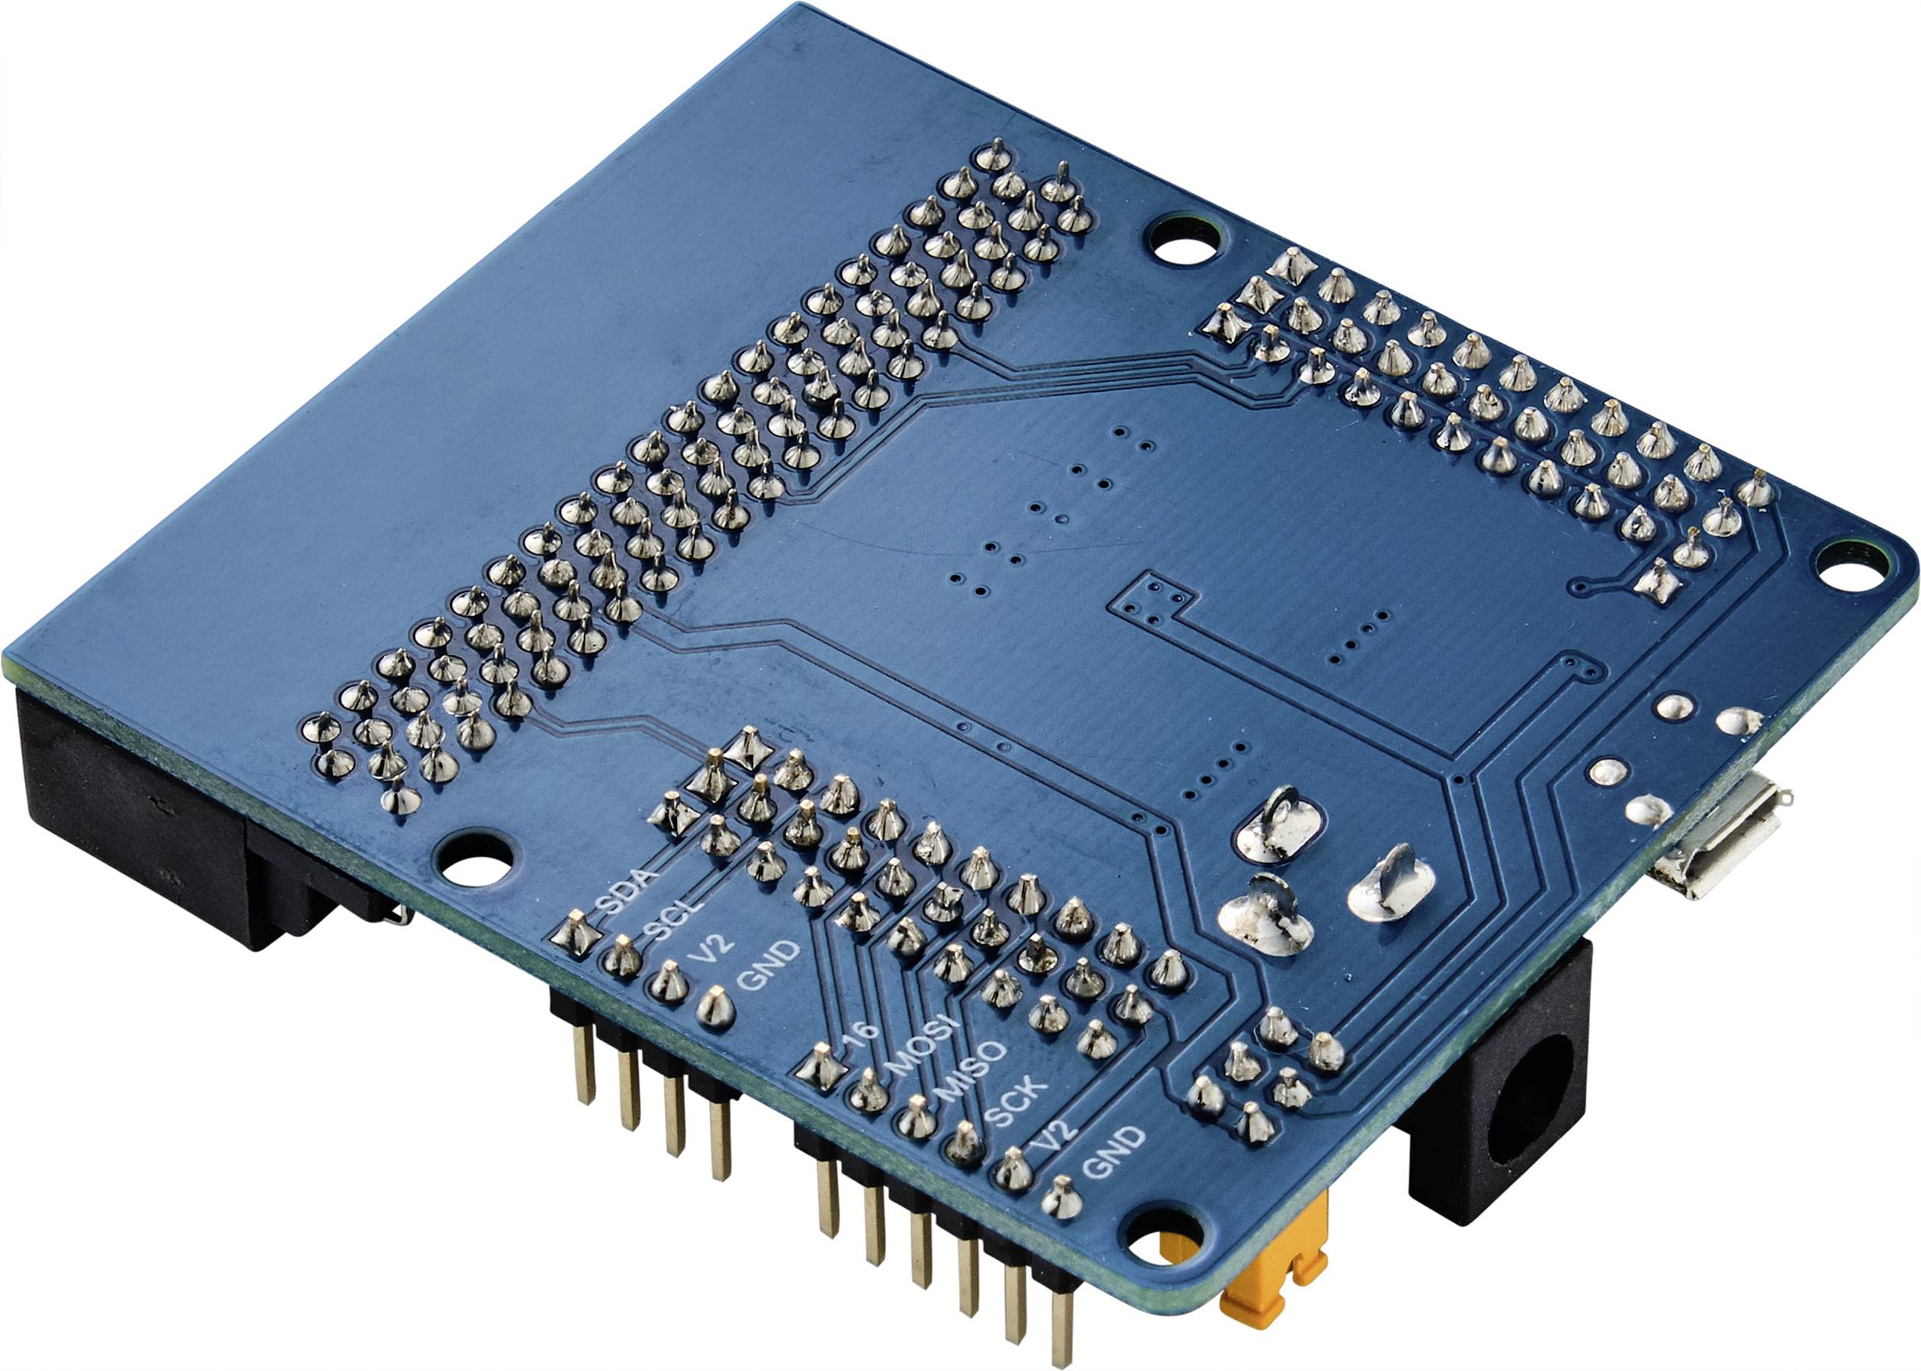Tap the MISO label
pos(972,1072)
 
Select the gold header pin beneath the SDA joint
pos(582,1064)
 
